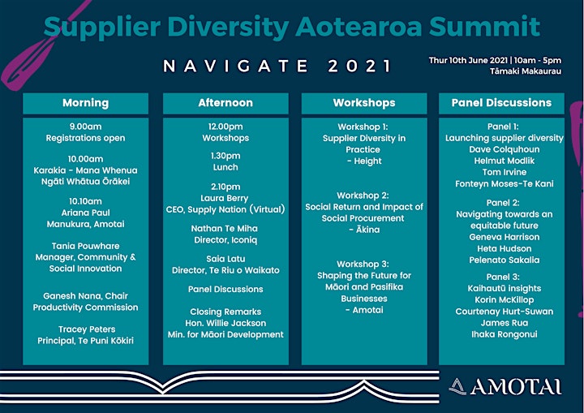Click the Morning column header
86,103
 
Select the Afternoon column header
225,103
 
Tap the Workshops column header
364,103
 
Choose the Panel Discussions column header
501,103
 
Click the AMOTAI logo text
516,387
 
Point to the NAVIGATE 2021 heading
277,67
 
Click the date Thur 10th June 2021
468,60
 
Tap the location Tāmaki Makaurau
526,71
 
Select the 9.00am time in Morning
86,127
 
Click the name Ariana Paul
86,213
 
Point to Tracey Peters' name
87,329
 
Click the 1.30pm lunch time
225,156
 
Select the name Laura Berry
224,198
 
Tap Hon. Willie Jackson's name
225,323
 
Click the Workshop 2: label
363,196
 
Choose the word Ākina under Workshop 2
367,230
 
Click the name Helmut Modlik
505,161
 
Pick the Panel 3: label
503,277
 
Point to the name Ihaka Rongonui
505,334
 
